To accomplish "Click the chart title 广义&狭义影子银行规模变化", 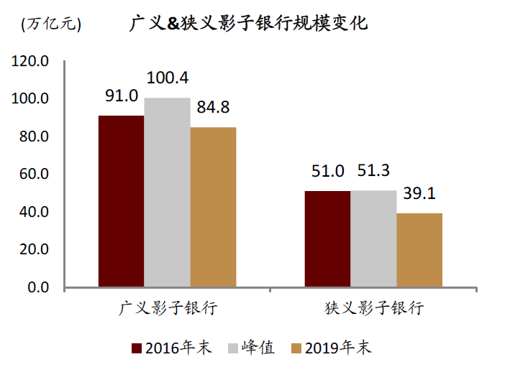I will point(248,23).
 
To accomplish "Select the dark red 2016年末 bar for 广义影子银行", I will point(121,201).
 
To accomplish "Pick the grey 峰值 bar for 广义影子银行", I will point(167,192).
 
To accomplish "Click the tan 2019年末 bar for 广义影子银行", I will point(213,207).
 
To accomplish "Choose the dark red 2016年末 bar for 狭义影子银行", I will point(327,238).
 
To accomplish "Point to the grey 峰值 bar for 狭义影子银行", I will point(373,238).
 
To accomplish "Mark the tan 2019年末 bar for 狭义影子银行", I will point(419,250).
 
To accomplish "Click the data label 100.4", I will point(167,78).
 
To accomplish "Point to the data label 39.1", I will point(419,193).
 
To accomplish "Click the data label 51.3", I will point(373,171).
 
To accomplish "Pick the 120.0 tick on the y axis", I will point(30,61).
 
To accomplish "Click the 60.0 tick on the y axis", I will point(34,174).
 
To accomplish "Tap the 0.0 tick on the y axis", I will point(37,287).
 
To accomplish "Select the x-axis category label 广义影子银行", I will point(168,309).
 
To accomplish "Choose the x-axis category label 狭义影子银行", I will point(374,309).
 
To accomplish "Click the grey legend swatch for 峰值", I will point(232,348).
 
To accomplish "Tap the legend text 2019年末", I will point(338,348).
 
